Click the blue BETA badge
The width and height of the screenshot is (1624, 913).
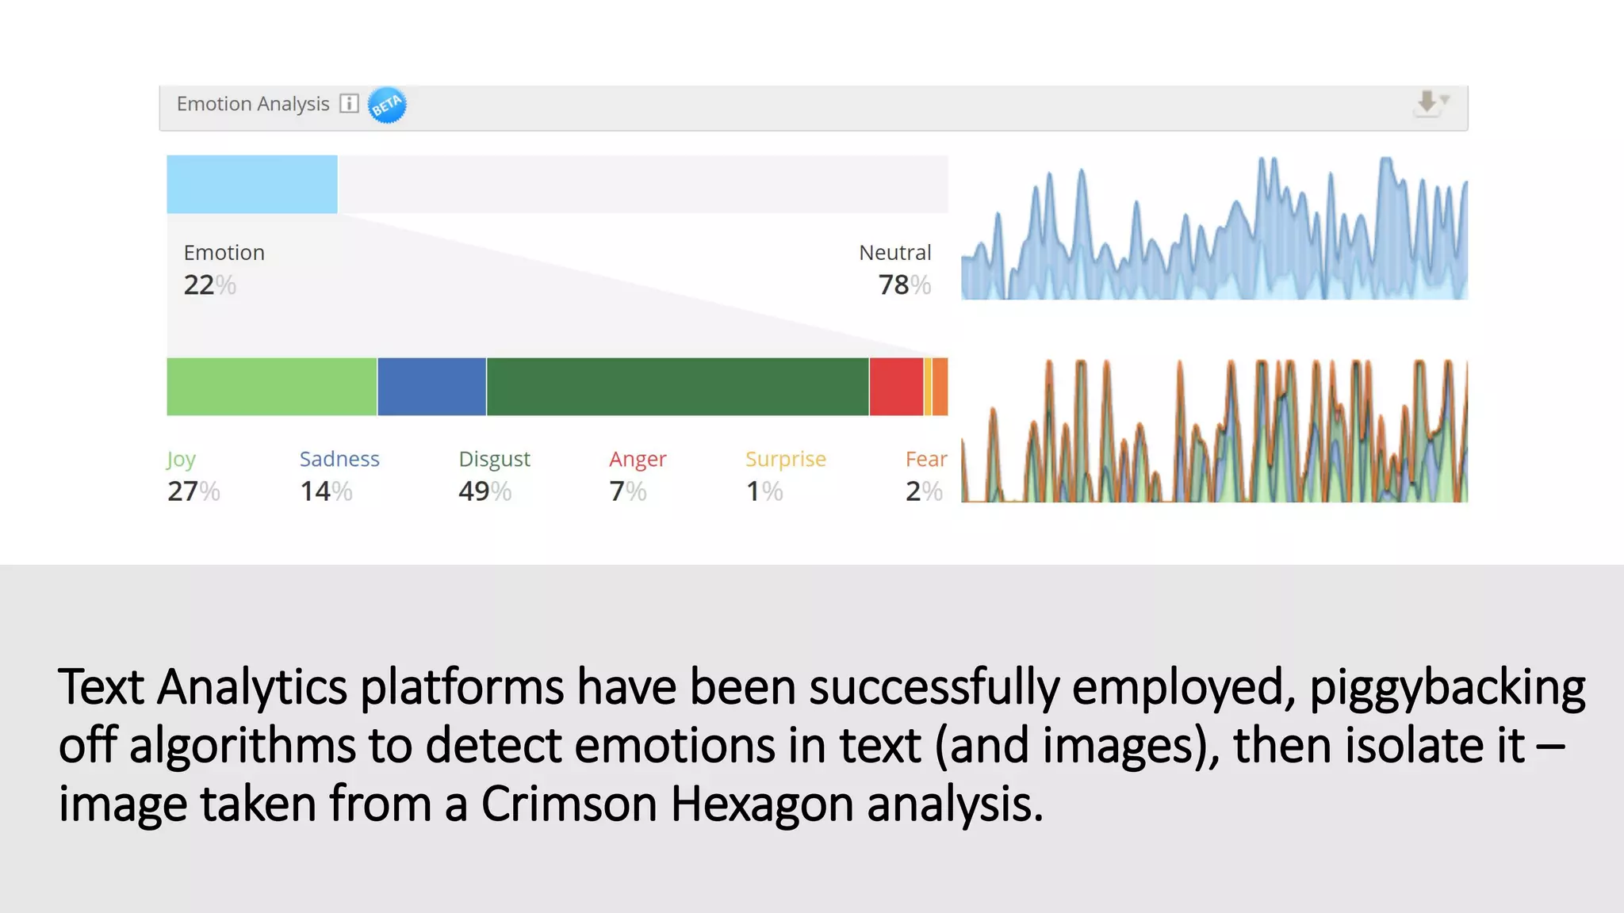tap(387, 105)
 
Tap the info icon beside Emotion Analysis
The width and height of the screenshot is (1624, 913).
tap(349, 104)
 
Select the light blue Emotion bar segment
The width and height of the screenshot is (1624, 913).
tap(251, 184)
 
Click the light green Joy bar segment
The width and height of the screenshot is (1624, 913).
tap(271, 387)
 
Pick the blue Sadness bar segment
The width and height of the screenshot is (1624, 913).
tap(431, 387)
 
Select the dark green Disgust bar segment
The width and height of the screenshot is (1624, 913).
tap(677, 387)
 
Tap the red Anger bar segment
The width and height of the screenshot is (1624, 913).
tap(896, 387)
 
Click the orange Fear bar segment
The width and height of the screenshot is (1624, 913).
tap(940, 387)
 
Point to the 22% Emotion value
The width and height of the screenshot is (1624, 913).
tap(209, 285)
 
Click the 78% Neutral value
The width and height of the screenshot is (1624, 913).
tap(904, 285)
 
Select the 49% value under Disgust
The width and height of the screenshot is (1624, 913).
tap(485, 491)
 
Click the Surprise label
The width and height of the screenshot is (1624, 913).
tap(785, 459)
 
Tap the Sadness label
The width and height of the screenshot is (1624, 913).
tap(339, 459)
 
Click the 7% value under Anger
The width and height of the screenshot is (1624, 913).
tap(627, 491)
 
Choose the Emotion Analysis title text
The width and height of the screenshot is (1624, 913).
tap(252, 104)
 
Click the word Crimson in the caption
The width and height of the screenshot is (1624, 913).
tap(569, 804)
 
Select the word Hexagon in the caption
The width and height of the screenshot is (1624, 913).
tap(761, 804)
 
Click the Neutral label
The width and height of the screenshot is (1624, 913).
tap(894, 253)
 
